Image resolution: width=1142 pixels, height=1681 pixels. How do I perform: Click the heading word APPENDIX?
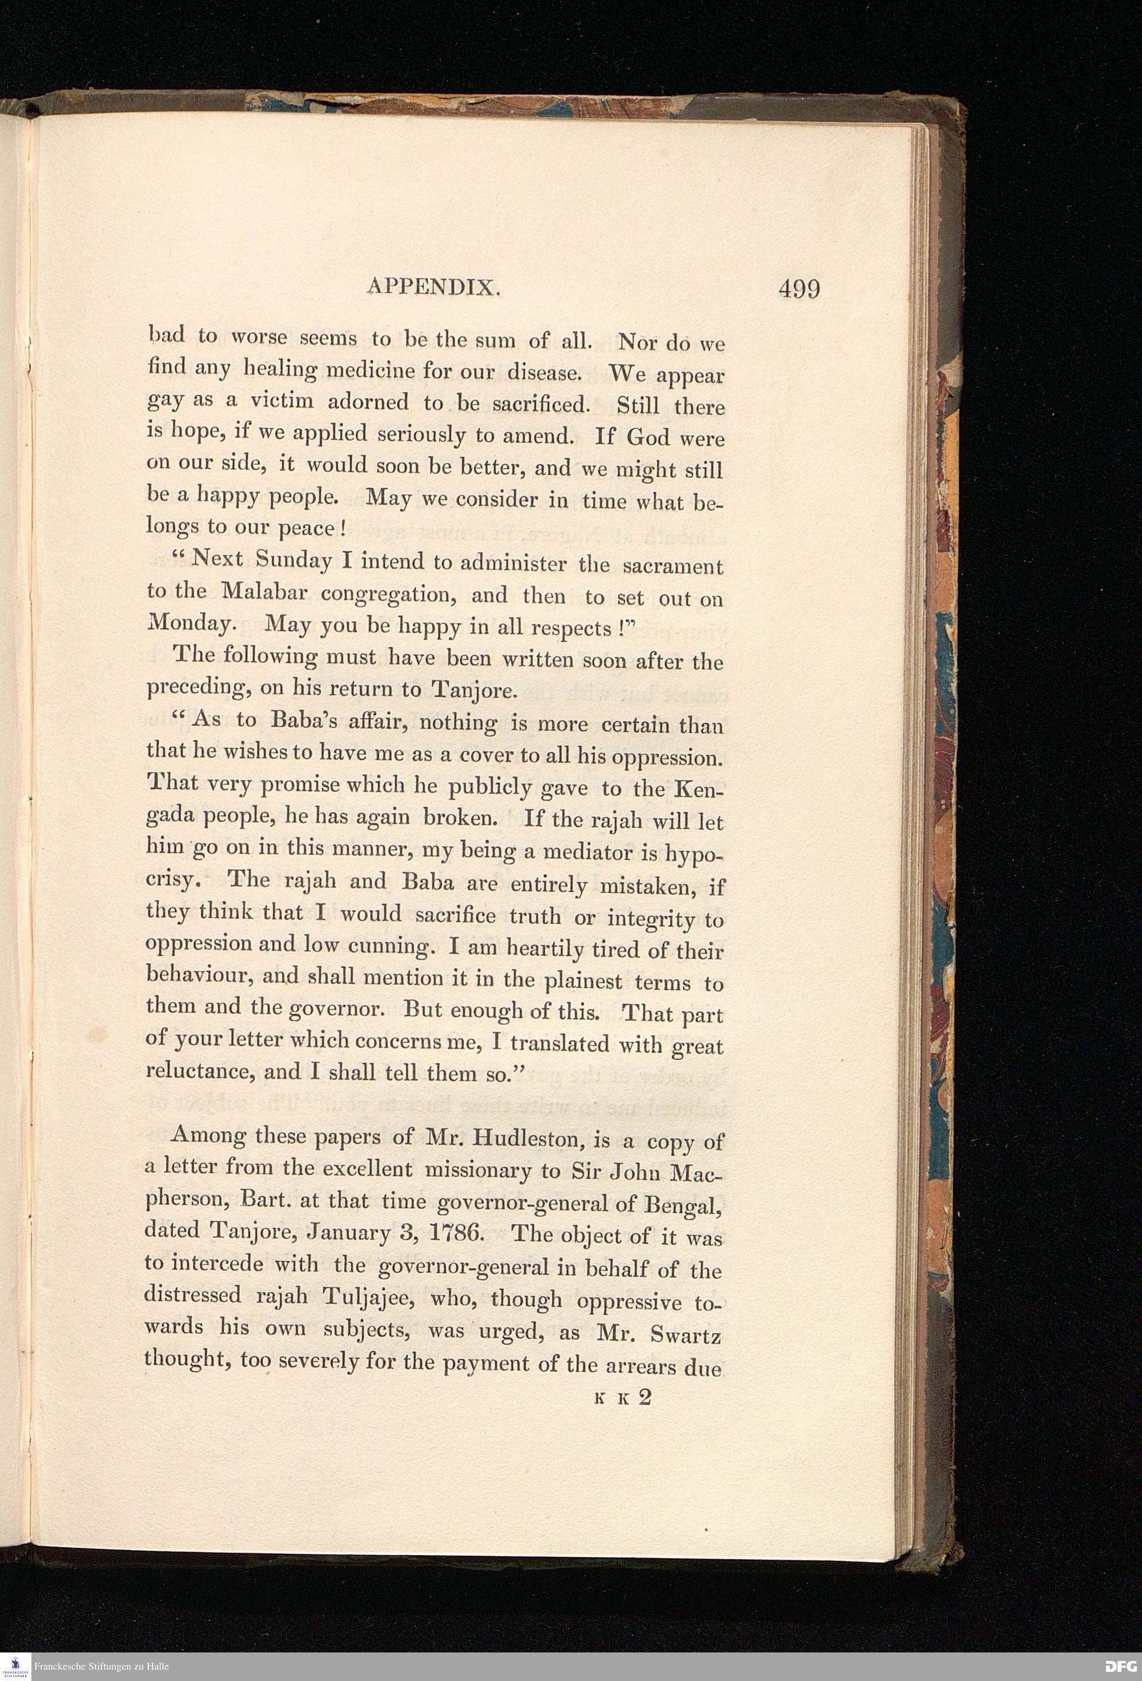click(x=433, y=288)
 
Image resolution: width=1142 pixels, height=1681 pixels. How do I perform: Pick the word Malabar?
click(x=266, y=592)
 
